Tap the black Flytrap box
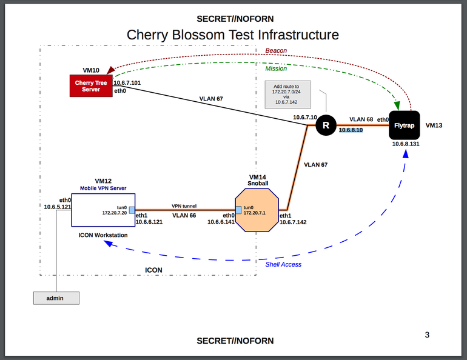[405, 125]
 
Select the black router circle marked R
[326, 126]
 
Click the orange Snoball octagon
[257, 210]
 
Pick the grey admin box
[56, 298]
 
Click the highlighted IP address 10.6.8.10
[351, 130]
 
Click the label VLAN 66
[184, 215]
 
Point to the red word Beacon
[276, 50]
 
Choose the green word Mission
[276, 68]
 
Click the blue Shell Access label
[283, 264]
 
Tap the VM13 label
[435, 126]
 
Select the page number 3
[427, 335]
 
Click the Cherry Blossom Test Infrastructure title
[233, 35]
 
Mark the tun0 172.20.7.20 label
[115, 210]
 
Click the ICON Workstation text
[103, 235]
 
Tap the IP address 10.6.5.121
[58, 207]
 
